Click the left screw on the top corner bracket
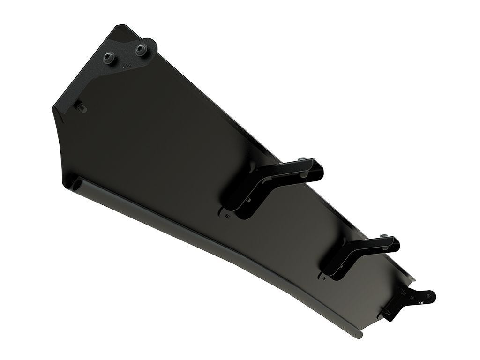point(110,58)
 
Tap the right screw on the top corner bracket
point(140,49)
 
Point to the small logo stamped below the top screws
point(126,67)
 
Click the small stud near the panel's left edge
point(82,108)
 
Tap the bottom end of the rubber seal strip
point(359,335)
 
